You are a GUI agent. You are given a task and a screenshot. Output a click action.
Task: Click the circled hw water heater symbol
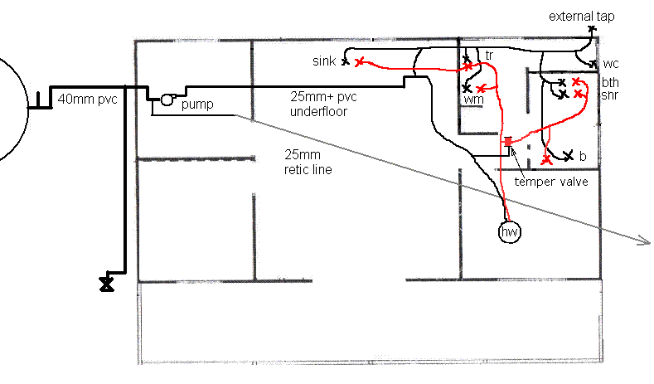point(510,231)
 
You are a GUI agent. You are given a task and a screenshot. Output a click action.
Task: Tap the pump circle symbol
point(167,100)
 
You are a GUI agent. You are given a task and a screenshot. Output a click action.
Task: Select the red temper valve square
point(507,142)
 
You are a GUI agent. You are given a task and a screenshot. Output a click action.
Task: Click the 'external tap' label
point(581,17)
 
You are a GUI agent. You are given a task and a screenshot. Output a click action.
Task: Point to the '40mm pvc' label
point(87,100)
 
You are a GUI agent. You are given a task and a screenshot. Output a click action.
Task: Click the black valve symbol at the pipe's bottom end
point(107,284)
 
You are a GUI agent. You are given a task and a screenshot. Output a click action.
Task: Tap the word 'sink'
point(324,61)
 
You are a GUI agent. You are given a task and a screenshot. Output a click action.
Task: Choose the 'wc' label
point(610,64)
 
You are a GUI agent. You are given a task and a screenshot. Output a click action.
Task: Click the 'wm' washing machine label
point(474,100)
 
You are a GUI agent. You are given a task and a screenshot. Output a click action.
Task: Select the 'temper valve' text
point(551,182)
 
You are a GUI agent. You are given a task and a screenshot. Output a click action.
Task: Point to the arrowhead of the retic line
point(646,241)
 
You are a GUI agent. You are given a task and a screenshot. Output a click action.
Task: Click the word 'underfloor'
point(318,111)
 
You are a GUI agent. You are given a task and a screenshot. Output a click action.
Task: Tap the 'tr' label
point(489,55)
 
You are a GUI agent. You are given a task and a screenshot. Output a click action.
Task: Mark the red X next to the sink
point(359,62)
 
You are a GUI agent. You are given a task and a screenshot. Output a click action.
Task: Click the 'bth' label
point(610,82)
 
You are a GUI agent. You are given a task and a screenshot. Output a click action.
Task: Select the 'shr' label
point(610,95)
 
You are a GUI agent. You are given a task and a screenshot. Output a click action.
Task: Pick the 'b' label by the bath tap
point(583,156)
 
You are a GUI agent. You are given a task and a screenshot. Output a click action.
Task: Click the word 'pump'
point(197,105)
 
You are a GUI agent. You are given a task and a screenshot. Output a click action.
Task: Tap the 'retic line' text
point(308,170)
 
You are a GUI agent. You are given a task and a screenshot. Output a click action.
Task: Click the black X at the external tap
point(592,29)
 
